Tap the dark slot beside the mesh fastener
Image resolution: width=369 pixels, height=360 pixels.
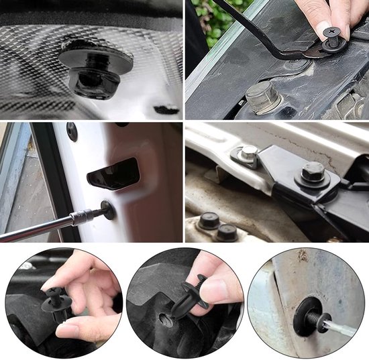(x=166, y=109)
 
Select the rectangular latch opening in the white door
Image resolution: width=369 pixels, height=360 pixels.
(x=113, y=173)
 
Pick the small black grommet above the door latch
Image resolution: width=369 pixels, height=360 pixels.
(x=72, y=131)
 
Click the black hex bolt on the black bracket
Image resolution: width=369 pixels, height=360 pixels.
(x=313, y=175)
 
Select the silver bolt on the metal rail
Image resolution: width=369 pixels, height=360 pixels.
(x=248, y=154)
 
